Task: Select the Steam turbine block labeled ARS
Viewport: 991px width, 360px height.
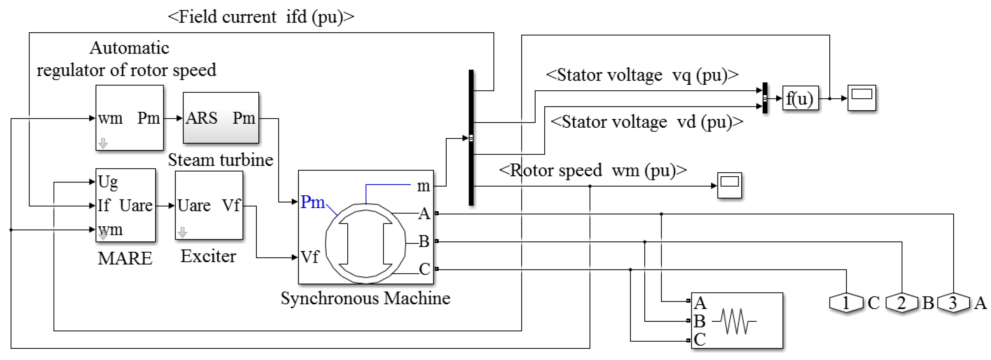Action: [221, 118]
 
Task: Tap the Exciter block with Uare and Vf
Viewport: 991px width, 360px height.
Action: [209, 205]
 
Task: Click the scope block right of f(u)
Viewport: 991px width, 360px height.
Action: [862, 98]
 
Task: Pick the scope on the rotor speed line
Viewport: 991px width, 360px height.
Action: [729, 185]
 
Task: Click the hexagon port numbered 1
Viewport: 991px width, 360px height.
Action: [846, 303]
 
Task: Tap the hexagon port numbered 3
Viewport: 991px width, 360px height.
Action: [953, 303]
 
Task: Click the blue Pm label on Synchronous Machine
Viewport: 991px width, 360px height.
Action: [312, 202]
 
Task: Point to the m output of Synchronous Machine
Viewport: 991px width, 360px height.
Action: [423, 186]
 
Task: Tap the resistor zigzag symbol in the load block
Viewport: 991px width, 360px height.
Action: [734, 321]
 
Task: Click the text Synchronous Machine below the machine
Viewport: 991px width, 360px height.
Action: [366, 298]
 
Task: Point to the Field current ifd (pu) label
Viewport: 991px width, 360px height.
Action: [261, 17]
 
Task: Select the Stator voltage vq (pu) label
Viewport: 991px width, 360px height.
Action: [642, 75]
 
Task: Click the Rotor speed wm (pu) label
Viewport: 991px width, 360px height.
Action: [593, 170]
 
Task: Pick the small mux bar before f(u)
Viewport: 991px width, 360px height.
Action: [765, 98]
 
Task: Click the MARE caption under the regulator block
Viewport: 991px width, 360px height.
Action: [125, 258]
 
